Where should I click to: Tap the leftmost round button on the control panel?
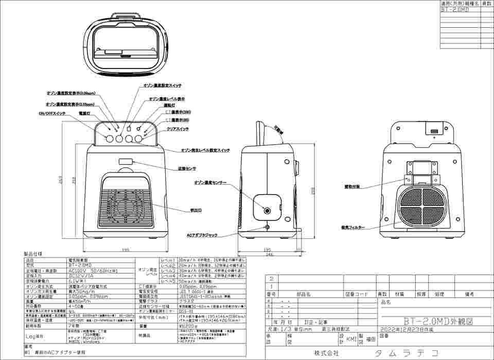(x=110, y=139)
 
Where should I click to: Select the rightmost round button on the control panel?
(x=138, y=139)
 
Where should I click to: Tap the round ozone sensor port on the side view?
(x=267, y=210)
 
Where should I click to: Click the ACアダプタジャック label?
(x=202, y=235)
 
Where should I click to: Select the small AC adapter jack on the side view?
(x=267, y=227)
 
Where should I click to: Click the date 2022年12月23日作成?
(x=407, y=328)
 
